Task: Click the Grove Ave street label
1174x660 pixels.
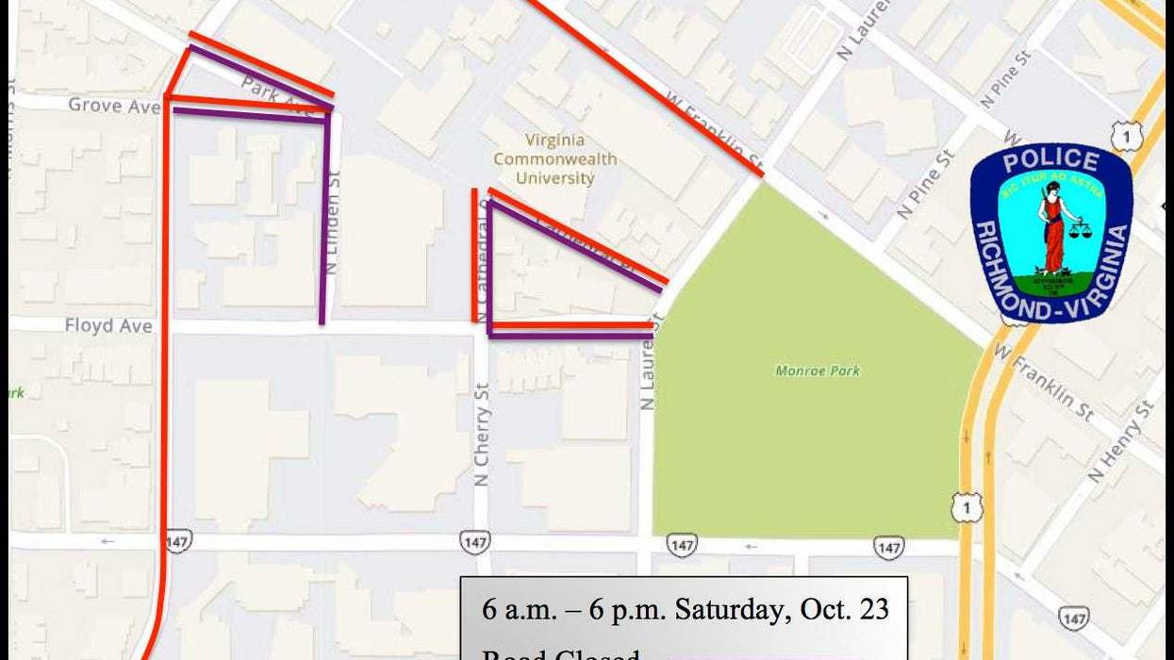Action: pos(114,106)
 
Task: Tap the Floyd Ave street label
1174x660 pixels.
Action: pos(108,326)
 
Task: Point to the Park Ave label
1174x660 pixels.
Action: pos(273,93)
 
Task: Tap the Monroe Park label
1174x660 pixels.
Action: pos(818,371)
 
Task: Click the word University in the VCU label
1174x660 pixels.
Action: pos(555,178)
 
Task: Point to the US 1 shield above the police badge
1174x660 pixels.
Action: pos(1126,137)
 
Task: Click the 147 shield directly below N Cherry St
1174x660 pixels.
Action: pos(475,542)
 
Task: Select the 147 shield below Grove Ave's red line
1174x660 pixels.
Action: pos(177,541)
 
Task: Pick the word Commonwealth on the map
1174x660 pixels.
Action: pos(555,159)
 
